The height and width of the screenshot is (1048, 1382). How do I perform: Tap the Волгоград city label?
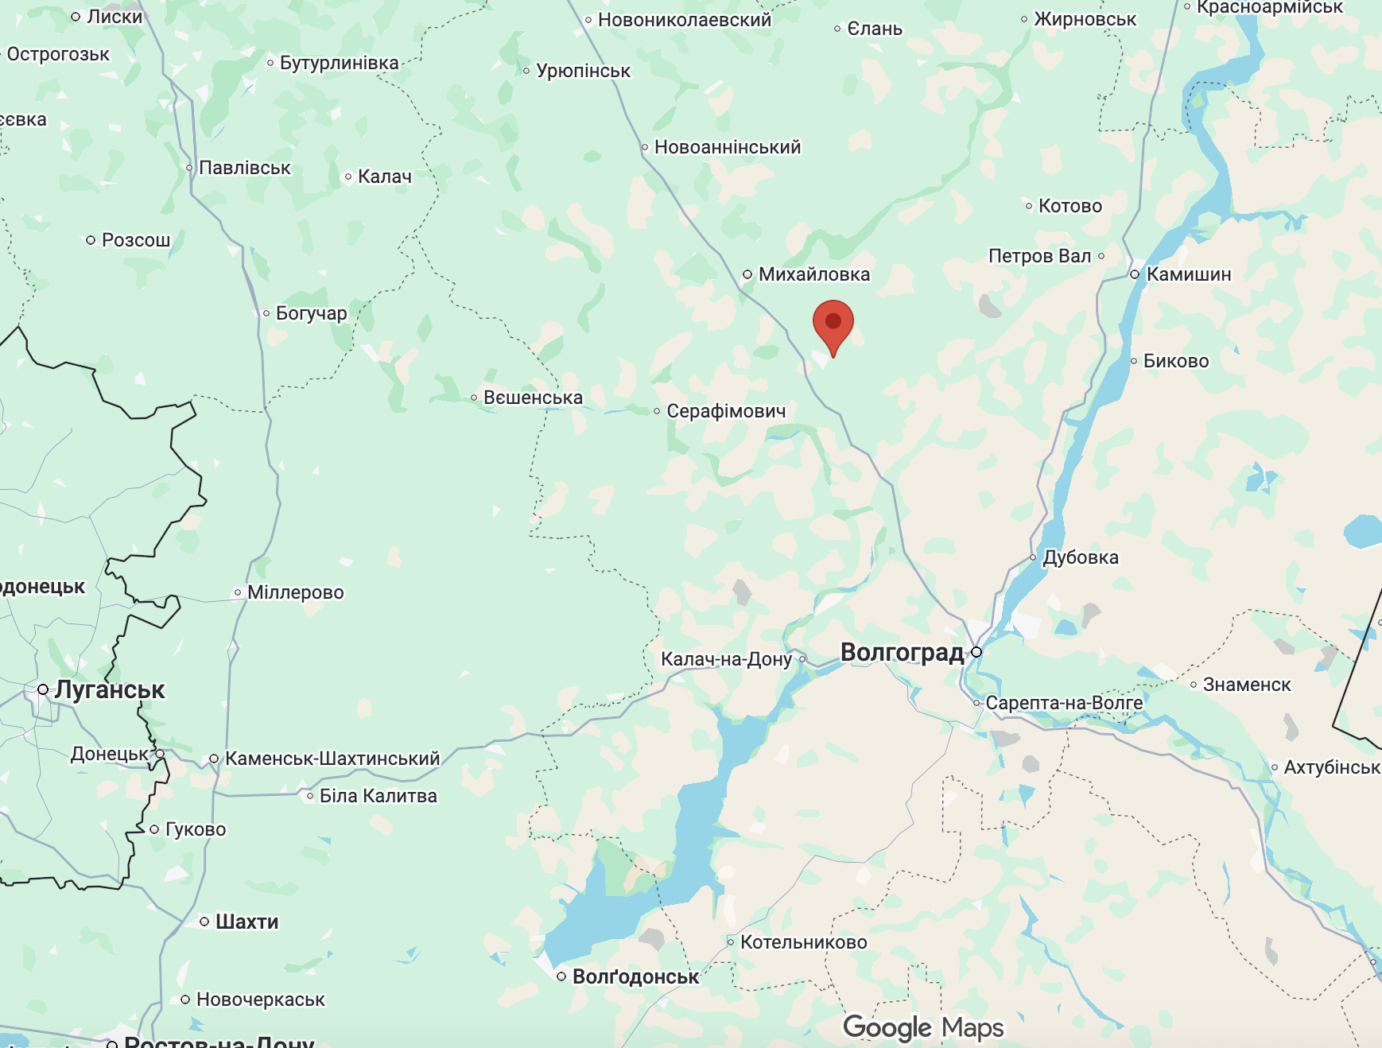(x=902, y=652)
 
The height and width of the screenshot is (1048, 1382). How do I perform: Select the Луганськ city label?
(x=110, y=689)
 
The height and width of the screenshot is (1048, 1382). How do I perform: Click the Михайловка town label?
(x=813, y=274)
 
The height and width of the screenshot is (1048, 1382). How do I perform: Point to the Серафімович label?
(x=725, y=411)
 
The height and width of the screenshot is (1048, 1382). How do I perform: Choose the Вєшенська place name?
(x=533, y=398)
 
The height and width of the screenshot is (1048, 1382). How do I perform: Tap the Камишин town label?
(x=1188, y=274)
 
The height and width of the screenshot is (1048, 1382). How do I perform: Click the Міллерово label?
(x=295, y=592)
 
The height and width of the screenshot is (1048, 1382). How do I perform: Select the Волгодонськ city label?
(x=635, y=976)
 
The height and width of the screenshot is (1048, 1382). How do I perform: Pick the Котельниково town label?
(x=803, y=942)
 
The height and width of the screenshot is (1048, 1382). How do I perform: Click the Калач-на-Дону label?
(x=726, y=659)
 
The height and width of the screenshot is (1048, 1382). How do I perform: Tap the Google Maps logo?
(x=923, y=1027)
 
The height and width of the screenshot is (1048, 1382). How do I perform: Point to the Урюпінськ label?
(x=583, y=71)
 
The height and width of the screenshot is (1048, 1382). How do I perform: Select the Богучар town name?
(x=311, y=313)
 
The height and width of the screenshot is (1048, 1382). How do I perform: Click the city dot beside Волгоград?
(x=976, y=652)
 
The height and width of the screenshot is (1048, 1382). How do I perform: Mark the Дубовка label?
(x=1080, y=557)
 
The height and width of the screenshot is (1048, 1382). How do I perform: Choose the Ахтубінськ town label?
(x=1331, y=767)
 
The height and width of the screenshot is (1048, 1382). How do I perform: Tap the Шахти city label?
(x=247, y=922)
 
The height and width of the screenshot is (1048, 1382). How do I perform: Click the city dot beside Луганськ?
(x=43, y=689)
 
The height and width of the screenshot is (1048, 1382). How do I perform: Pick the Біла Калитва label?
(x=378, y=796)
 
